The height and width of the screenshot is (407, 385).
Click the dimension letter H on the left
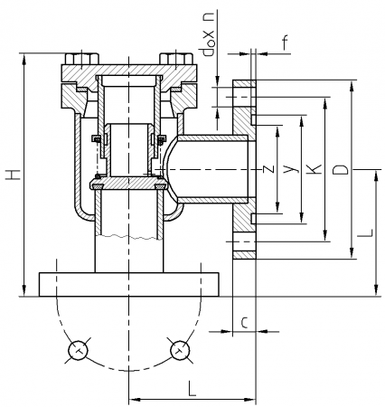14,175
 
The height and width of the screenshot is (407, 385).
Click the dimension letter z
268,169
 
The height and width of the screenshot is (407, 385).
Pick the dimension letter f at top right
286,43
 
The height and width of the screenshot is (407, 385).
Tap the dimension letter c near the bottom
245,322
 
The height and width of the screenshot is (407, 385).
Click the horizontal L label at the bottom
192,388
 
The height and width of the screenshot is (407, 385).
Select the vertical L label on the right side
365,232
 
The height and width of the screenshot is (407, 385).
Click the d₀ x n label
209,34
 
